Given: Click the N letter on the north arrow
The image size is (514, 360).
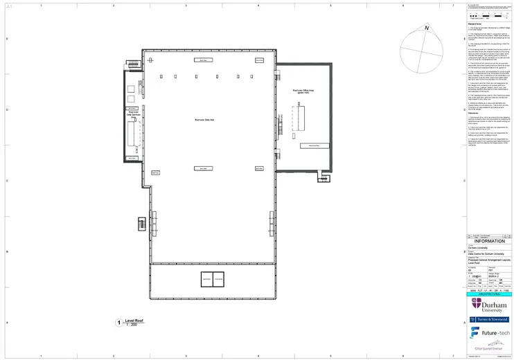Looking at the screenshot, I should point(427,28).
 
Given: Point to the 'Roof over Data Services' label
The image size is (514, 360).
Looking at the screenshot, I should point(133,116).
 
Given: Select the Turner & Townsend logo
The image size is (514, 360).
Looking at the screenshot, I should point(489,319).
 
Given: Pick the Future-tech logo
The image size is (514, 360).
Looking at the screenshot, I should point(489,332).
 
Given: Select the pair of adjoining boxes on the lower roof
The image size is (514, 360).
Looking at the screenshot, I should point(212,279).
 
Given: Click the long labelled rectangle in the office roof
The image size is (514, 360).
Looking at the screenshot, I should point(314,145).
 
